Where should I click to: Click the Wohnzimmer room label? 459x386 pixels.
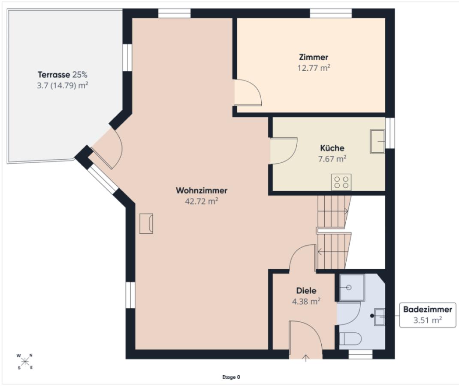pos(201,190)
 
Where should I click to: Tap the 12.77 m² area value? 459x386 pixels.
pos(314,68)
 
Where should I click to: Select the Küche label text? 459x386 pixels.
pos(332,148)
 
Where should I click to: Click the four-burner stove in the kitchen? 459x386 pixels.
pos(341,182)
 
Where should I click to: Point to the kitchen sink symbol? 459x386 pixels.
pos(377,142)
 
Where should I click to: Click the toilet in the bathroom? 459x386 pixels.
pos(351,339)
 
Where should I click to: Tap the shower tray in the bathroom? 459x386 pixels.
pos(352,287)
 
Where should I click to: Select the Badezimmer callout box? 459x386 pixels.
pos(428,315)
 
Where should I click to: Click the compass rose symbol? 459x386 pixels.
pos(25,362)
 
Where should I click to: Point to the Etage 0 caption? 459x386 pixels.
pos(231,377)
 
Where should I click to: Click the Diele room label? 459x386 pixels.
pos(306,291)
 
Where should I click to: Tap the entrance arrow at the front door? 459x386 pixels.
pos(305,358)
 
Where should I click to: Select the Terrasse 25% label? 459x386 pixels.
pos(62,75)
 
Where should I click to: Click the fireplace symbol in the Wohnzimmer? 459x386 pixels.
pos(146,223)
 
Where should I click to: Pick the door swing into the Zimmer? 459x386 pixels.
pos(248,92)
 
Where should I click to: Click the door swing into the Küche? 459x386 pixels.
pos(284,151)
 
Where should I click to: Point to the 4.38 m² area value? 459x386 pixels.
pos(306,302)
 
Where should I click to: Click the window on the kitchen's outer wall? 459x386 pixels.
pos(390,133)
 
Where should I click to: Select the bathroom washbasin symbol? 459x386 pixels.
pos(379,317)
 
